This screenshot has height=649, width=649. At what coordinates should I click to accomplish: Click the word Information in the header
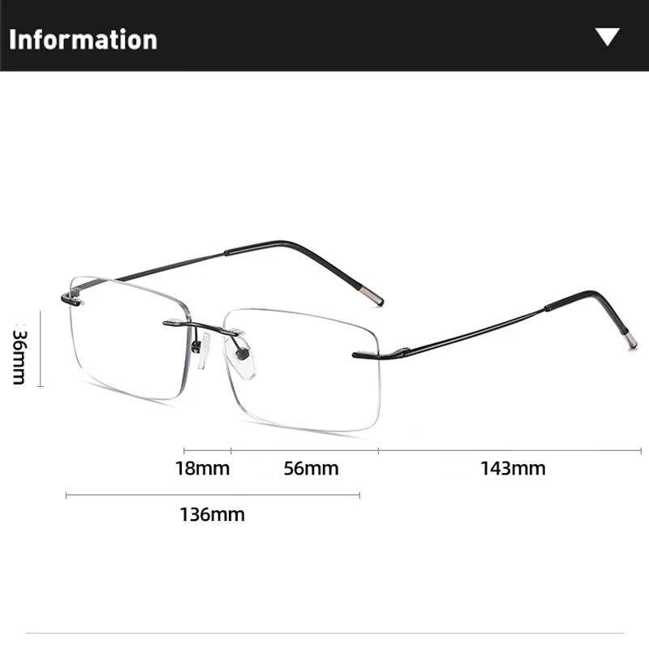[x=83, y=39]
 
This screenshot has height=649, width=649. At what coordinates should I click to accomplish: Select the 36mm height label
[x=21, y=355]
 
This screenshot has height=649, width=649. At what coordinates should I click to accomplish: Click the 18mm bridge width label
[x=203, y=468]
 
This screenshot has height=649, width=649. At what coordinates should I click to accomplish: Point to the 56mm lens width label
[x=311, y=468]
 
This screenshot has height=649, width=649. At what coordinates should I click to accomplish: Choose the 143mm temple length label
[x=512, y=468]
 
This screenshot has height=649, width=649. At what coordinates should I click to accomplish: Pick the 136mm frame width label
[x=212, y=514]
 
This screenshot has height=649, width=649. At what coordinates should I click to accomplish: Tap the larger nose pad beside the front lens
[x=244, y=360]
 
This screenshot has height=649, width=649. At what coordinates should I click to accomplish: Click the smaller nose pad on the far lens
[x=198, y=346]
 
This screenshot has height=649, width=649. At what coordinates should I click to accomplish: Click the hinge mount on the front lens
[x=367, y=354]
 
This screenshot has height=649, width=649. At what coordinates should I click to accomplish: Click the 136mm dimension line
[x=212, y=494]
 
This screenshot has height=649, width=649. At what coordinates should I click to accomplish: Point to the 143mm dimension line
[x=512, y=449]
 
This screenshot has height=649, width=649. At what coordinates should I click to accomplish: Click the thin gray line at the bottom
[x=324, y=632]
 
